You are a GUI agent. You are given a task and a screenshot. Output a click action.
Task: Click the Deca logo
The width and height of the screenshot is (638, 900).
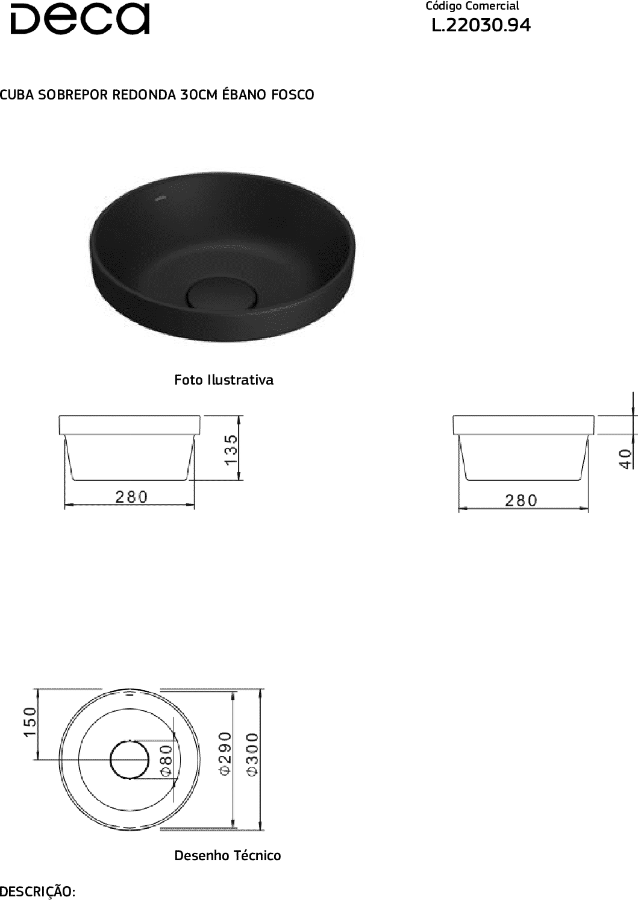(80, 19)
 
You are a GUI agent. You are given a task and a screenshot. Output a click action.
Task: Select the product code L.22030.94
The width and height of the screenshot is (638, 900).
(481, 25)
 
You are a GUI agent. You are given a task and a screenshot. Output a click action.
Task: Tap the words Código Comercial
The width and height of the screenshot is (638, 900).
(472, 7)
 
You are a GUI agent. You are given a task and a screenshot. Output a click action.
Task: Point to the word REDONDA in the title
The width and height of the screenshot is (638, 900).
(144, 95)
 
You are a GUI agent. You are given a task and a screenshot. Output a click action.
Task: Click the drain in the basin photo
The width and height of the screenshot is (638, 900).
(222, 293)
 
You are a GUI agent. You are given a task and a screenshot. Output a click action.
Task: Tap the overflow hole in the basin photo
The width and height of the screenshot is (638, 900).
(172, 197)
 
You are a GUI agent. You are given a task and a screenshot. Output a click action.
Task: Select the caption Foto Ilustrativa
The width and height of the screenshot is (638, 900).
(224, 380)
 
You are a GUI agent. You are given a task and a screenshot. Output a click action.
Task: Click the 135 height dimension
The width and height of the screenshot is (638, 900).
(232, 450)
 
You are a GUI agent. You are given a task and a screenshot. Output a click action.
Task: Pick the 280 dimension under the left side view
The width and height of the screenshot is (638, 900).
(132, 497)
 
